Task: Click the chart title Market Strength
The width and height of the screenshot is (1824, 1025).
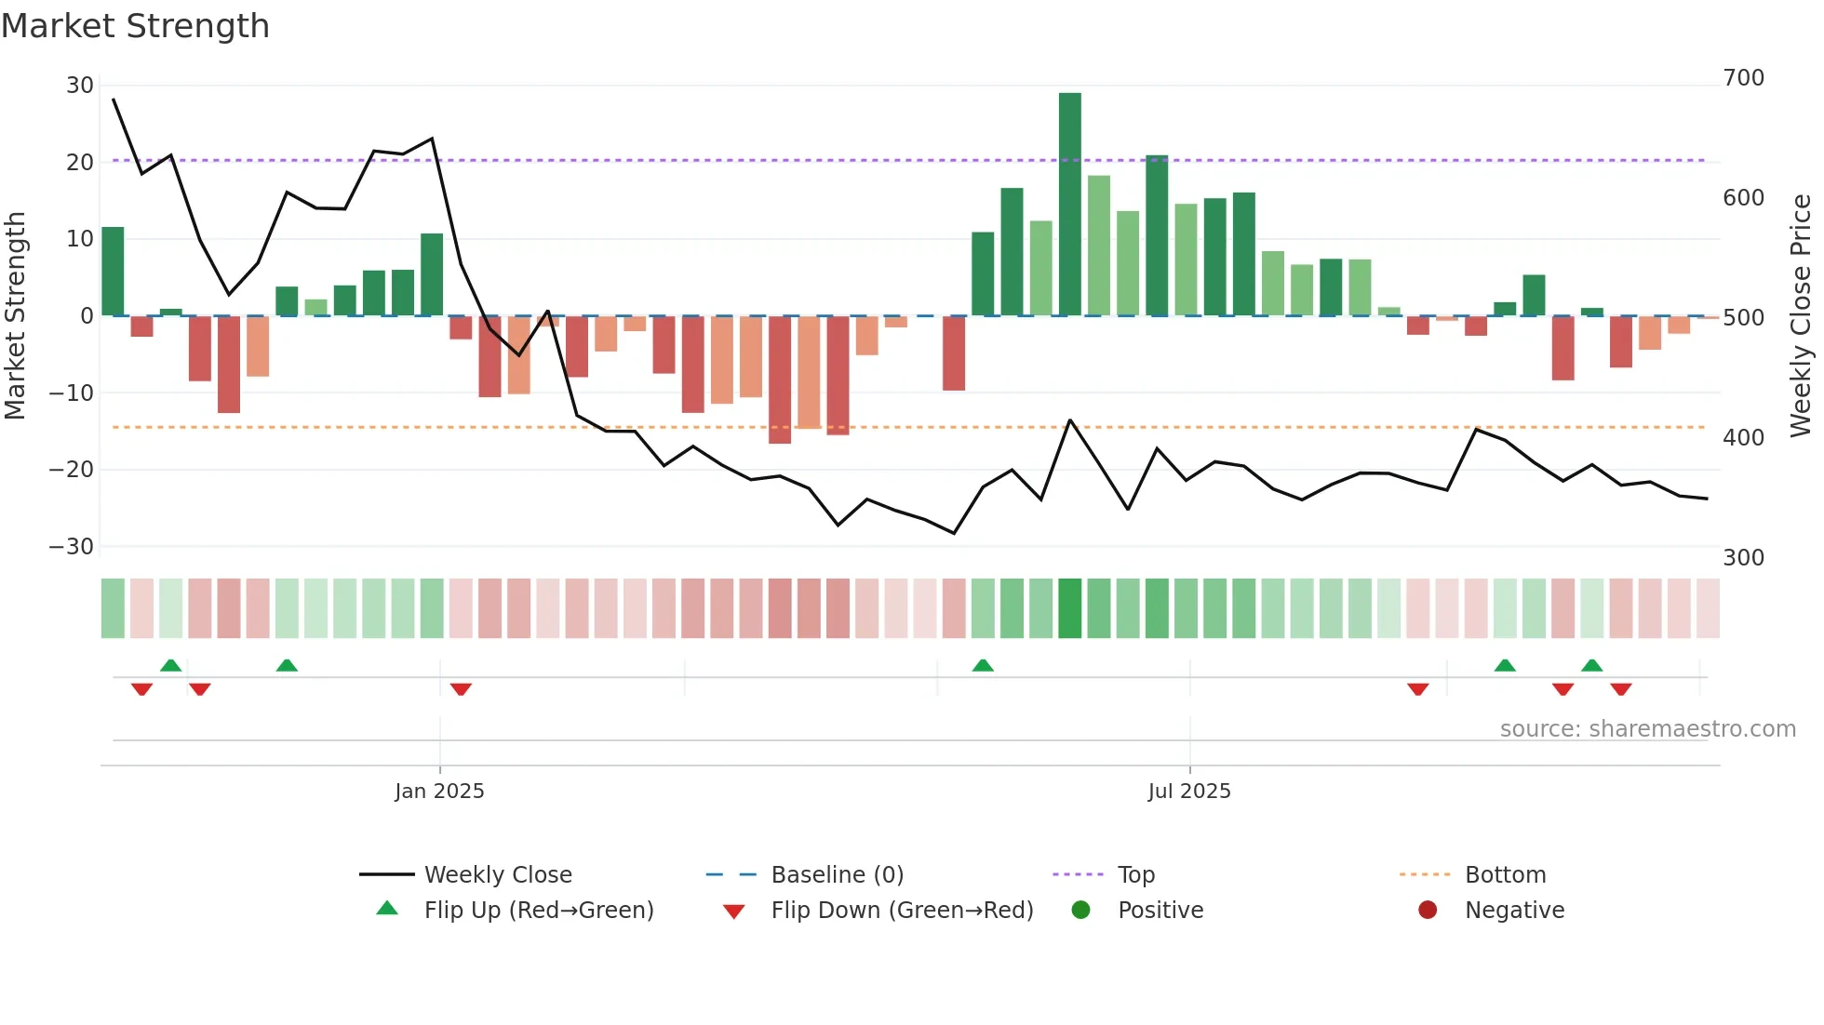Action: pos(135,26)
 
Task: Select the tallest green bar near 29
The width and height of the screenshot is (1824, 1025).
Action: pos(1069,204)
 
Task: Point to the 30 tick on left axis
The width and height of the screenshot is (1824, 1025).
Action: pos(80,86)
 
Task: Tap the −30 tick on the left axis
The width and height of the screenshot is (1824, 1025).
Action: pos(72,547)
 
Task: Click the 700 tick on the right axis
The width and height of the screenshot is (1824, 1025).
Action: pos(1743,78)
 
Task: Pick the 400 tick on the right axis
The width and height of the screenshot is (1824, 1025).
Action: pos(1743,438)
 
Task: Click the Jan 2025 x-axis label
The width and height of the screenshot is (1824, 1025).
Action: pos(439,792)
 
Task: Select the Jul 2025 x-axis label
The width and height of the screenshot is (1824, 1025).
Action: pos(1188,792)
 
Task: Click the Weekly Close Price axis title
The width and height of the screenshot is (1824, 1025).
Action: pos(1801,316)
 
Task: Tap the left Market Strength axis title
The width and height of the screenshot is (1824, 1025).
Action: pos(15,316)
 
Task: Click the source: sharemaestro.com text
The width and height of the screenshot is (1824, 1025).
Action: pos(1647,729)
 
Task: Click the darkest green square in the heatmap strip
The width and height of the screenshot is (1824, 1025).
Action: pos(1069,608)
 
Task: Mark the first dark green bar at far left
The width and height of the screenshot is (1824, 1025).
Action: pos(113,272)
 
